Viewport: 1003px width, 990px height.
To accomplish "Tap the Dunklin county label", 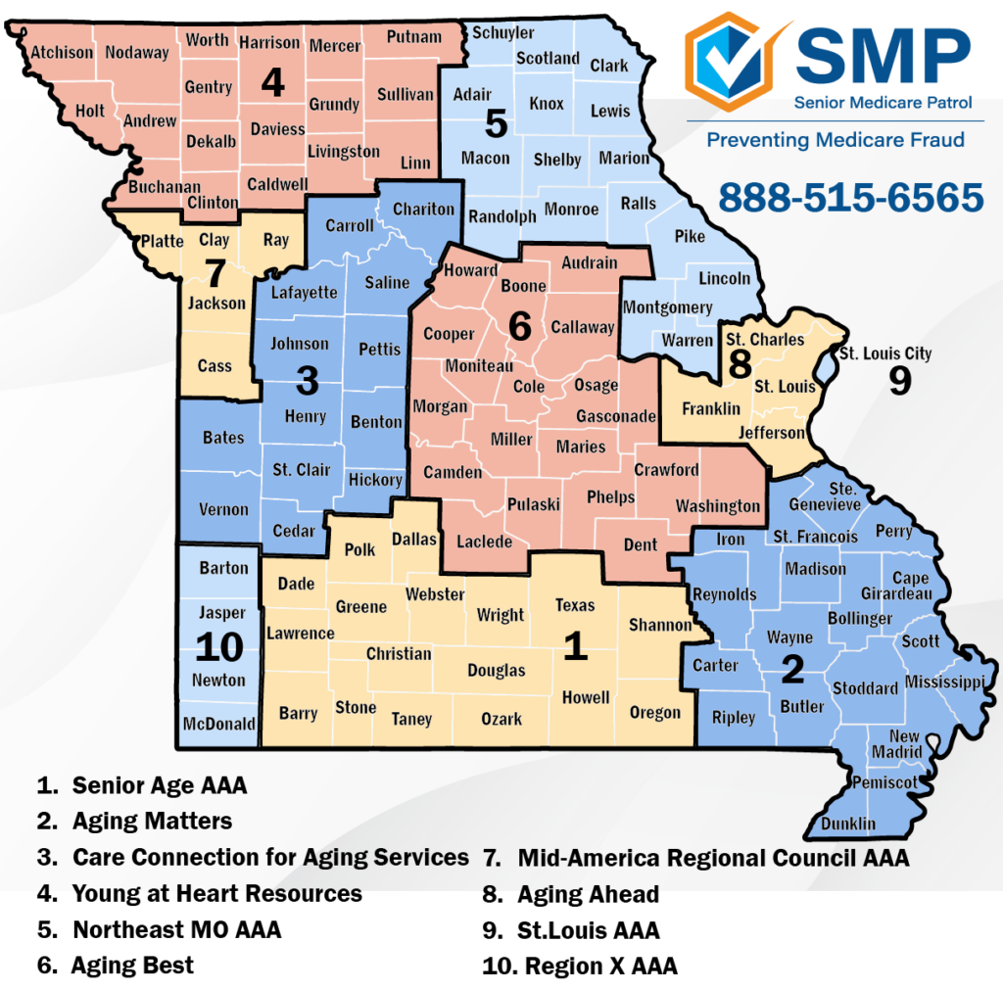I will [848, 823].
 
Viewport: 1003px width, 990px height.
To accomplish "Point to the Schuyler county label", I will [503, 32].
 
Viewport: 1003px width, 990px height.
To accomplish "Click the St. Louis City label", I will [885, 354].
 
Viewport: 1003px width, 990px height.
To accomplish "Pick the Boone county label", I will [524, 286].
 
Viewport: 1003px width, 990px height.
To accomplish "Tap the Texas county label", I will [575, 605].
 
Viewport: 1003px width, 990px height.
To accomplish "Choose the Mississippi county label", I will [951, 682].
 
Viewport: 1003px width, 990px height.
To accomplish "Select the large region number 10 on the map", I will [218, 647].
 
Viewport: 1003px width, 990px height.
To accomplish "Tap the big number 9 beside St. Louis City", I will [899, 381].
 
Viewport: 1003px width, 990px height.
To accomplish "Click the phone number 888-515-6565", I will [850, 197].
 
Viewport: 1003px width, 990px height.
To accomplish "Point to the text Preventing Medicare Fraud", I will [836, 140].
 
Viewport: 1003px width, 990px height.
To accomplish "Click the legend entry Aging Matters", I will [152, 821].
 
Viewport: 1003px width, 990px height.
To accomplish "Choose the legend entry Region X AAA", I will [600, 966].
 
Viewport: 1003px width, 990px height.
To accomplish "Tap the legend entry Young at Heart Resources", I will [216, 893].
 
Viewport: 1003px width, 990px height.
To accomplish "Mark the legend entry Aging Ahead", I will [588, 893].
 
